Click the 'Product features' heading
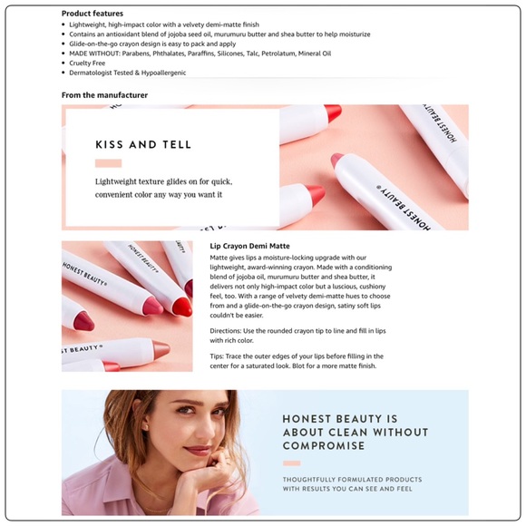pos(93,14)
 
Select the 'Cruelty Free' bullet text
pos(87,63)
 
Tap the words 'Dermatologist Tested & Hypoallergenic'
pos(128,73)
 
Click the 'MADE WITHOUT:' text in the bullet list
pos(94,54)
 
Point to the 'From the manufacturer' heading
pos(104,95)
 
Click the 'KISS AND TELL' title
pos(143,144)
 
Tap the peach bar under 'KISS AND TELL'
pos(108,163)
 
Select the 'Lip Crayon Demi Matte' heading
pos(250,246)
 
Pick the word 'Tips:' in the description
pos(217,356)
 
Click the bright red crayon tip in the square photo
pos(182,306)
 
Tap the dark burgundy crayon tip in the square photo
pos(83,321)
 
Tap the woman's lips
pos(198,450)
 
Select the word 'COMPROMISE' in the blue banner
pos(324,446)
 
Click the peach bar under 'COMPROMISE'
pos(291,463)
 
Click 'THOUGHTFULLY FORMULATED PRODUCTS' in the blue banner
pos(352,480)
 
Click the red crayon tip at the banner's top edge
pos(333,112)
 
